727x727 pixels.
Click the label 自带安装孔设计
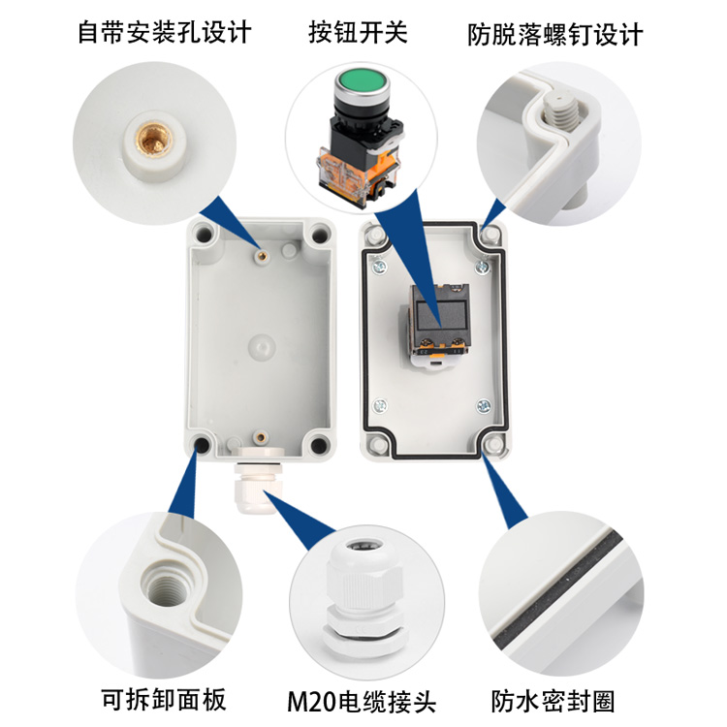click(164, 32)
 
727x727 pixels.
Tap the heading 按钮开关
click(358, 32)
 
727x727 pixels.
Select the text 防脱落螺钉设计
click(554, 34)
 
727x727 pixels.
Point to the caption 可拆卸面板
click(164, 698)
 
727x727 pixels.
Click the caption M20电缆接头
click(363, 700)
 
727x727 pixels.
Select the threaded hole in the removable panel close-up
click(160, 583)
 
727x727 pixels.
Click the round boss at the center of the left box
click(260, 344)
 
